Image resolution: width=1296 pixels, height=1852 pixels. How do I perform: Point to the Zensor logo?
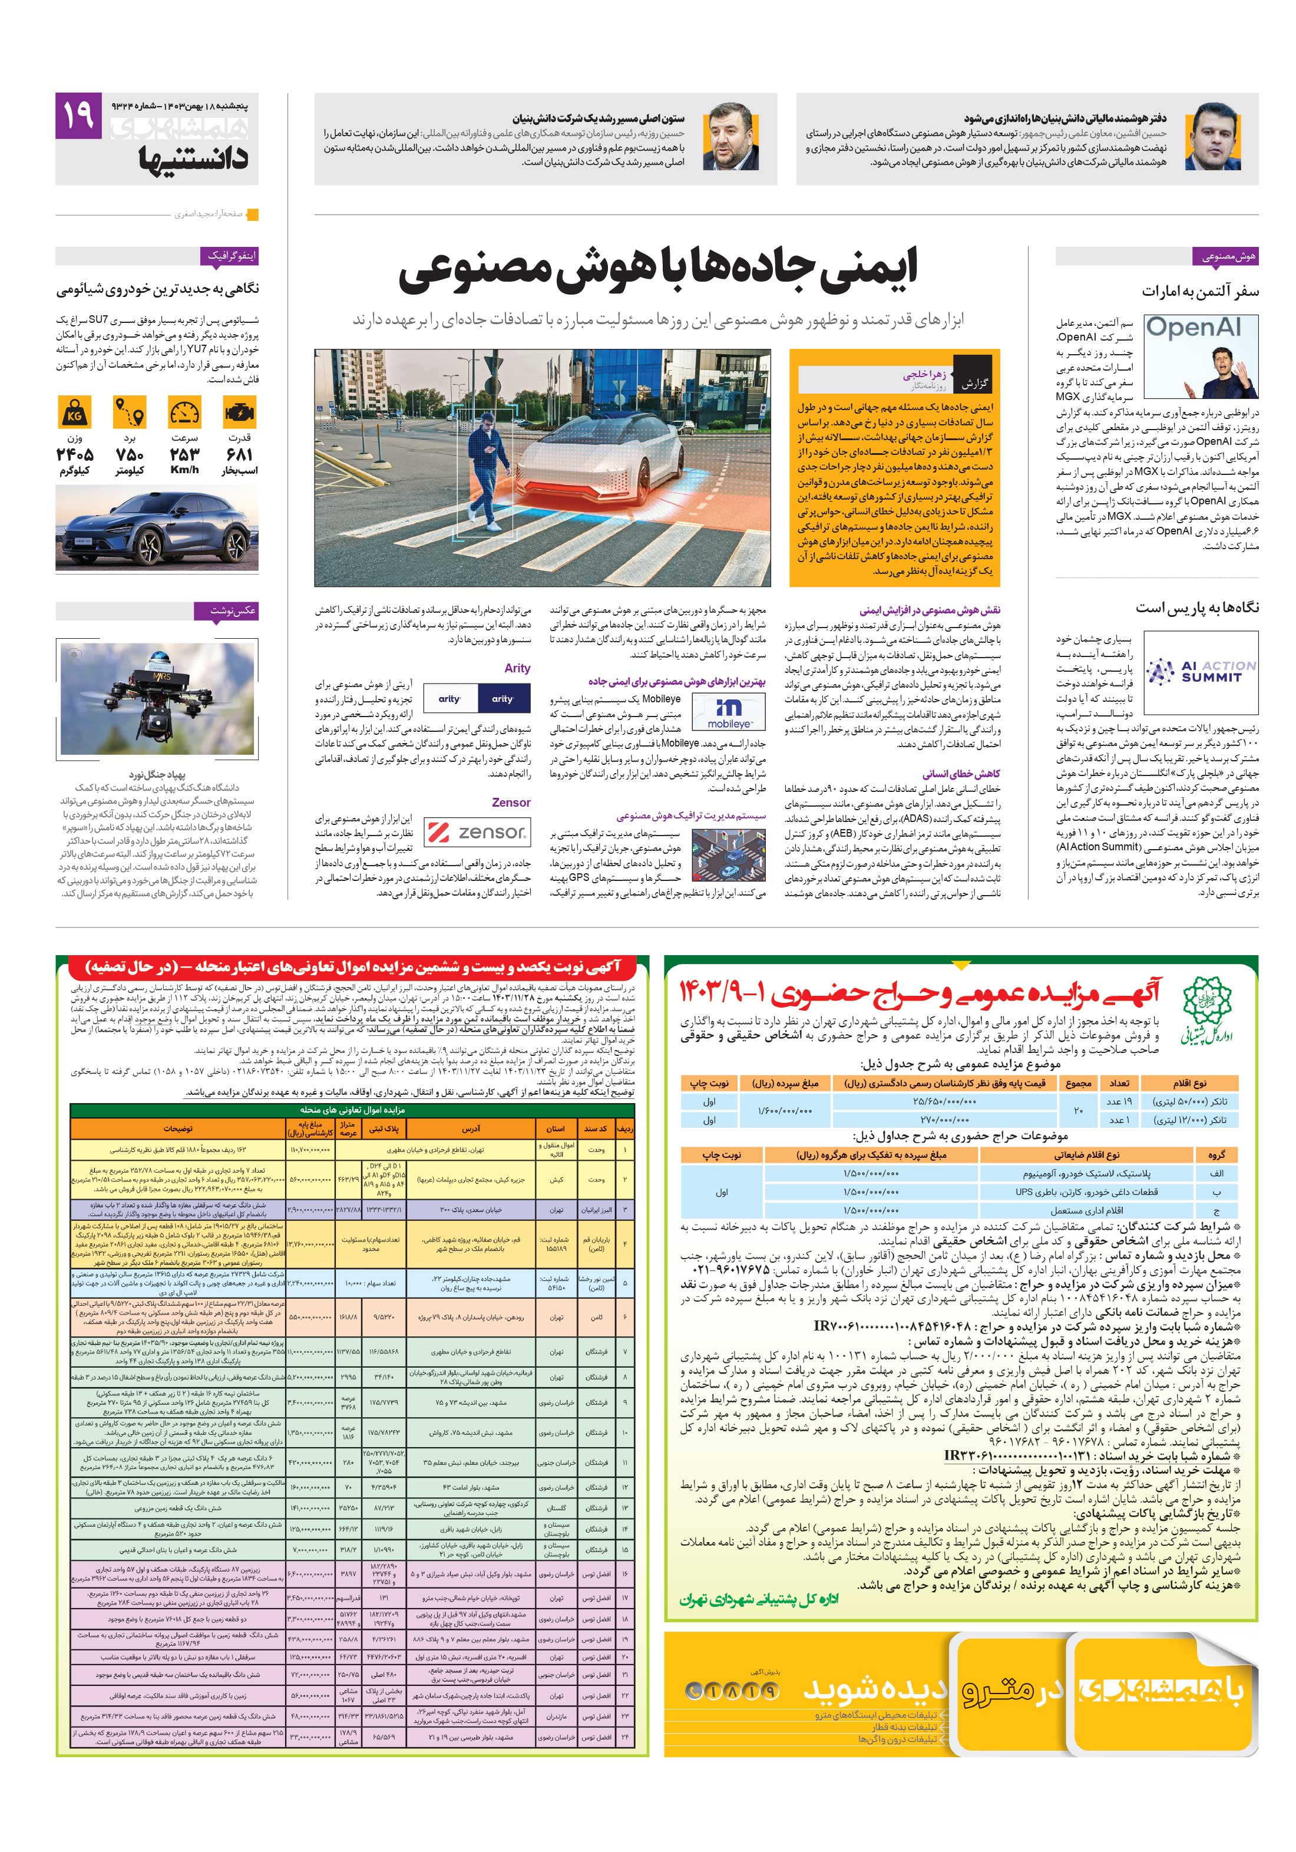coord(476,831)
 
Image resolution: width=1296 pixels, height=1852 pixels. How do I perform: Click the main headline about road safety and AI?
coord(657,273)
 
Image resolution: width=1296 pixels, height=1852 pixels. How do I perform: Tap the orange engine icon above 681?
coord(240,414)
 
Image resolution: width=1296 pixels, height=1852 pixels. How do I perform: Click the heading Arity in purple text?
coord(517,668)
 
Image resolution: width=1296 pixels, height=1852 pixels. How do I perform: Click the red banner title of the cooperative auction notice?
coord(352,966)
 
